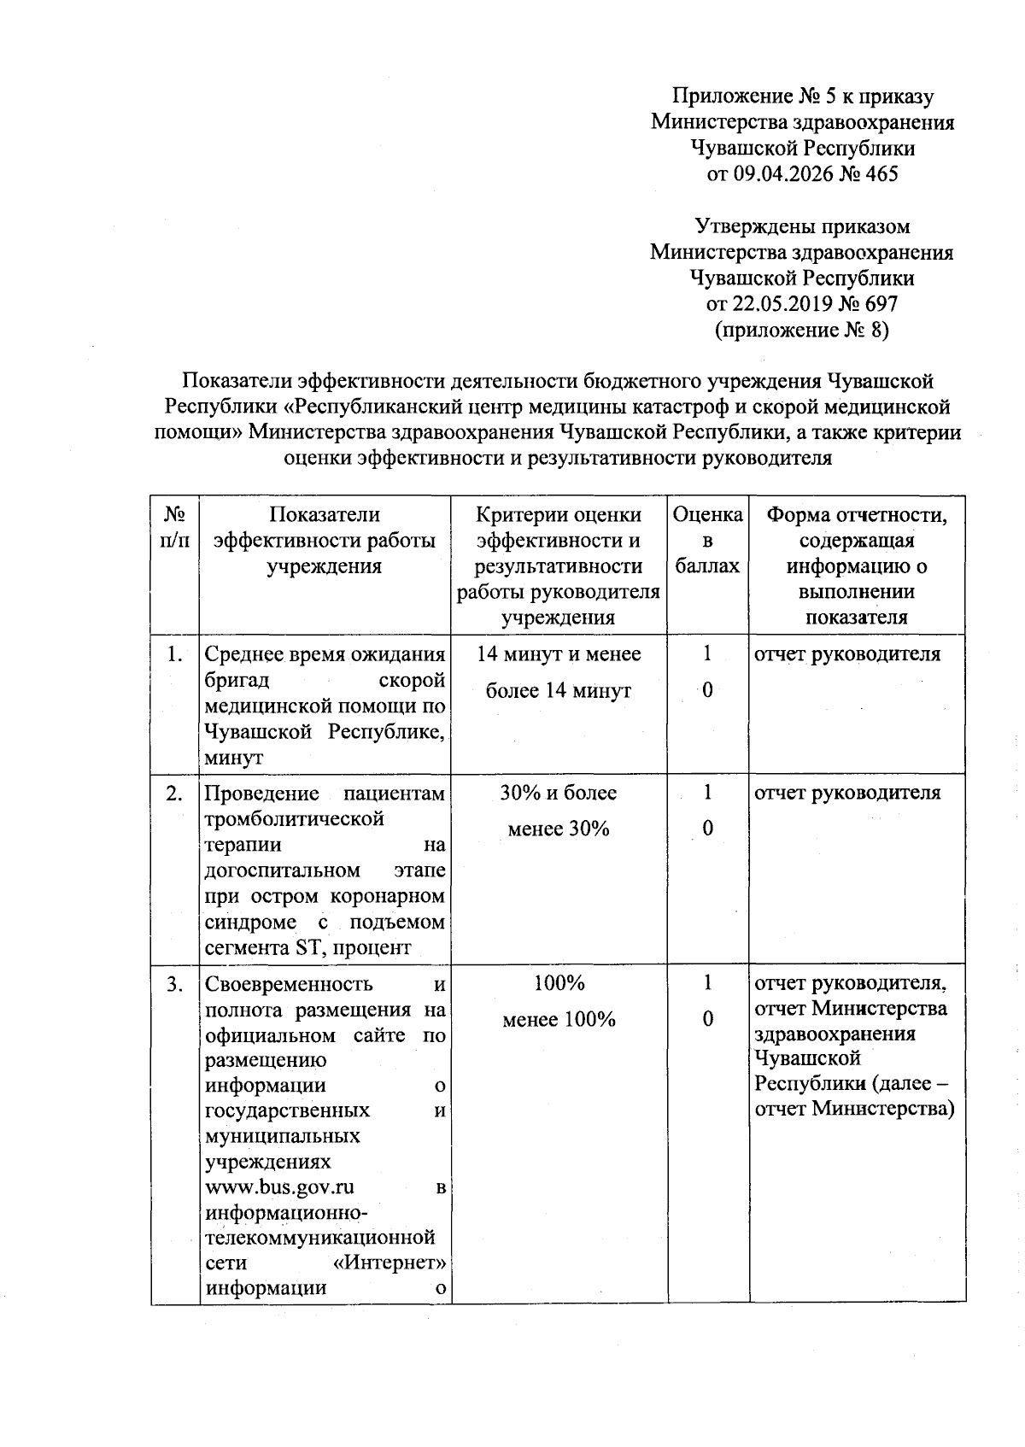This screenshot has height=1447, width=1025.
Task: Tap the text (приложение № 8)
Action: (x=801, y=330)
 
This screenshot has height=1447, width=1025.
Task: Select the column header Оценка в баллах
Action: (x=707, y=540)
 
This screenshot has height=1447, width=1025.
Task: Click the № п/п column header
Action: (x=175, y=527)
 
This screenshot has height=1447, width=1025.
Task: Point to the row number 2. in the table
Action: (x=175, y=794)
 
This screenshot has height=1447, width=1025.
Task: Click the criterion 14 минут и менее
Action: (x=559, y=654)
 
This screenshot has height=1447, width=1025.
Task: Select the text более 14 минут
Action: (x=559, y=690)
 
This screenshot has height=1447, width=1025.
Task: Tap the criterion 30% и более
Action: (x=559, y=794)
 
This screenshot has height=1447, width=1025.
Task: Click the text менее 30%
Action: (x=559, y=829)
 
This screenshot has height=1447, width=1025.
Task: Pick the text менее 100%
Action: (x=559, y=1020)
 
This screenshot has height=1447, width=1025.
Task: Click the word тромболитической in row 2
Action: (x=295, y=819)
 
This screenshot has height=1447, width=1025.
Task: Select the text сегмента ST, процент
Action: (x=308, y=947)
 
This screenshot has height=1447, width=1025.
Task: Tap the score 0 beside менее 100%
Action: (x=707, y=1019)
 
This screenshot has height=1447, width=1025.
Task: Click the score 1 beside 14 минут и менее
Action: (x=707, y=654)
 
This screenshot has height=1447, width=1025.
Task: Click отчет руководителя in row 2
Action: (x=847, y=794)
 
